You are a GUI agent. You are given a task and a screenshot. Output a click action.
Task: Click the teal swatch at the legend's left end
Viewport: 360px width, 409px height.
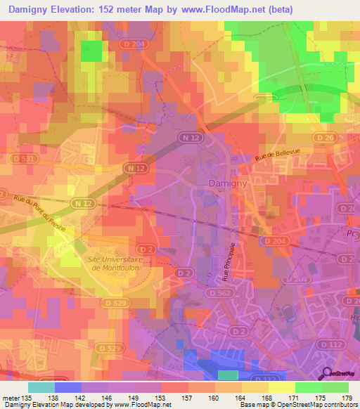point(41,387)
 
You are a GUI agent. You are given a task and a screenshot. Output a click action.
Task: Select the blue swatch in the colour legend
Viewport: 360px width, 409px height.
point(68,387)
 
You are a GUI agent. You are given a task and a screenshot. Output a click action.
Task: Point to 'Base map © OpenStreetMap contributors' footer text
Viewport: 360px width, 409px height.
point(299,405)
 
